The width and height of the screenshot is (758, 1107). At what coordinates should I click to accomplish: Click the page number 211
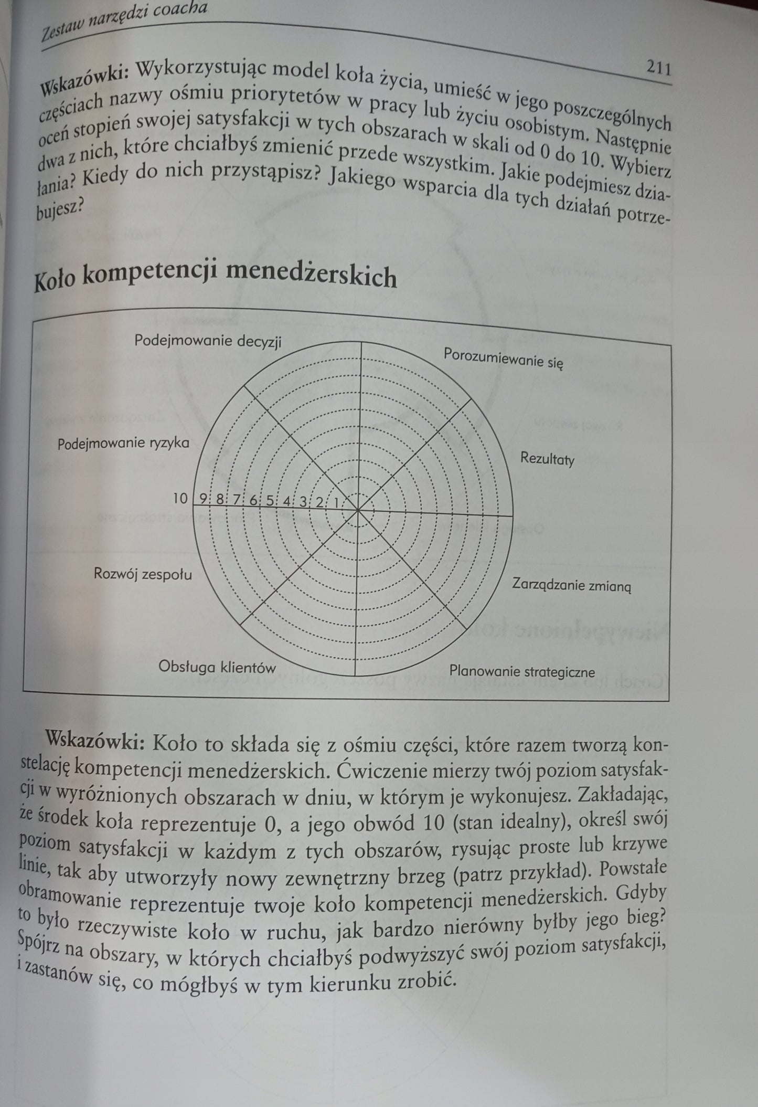[658, 68]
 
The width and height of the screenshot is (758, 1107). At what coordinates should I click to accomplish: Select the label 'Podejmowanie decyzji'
[208, 341]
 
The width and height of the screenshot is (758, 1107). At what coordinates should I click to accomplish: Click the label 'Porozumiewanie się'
[503, 359]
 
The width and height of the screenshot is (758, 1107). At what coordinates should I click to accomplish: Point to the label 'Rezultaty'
[547, 459]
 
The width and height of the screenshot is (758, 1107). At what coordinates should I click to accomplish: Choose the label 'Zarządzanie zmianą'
[572, 584]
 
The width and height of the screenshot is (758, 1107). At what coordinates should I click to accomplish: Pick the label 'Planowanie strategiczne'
[522, 671]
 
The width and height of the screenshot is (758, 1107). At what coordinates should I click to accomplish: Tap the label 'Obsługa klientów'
[217, 667]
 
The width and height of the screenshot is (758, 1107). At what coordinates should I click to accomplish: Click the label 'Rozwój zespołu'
[143, 574]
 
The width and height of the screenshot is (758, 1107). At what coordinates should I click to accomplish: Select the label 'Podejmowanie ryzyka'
[123, 444]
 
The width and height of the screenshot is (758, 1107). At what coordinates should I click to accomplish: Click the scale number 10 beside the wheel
[180, 498]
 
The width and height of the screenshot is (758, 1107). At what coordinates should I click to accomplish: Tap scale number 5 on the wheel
[270, 500]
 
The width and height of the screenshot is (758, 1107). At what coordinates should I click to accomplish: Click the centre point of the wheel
[358, 509]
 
